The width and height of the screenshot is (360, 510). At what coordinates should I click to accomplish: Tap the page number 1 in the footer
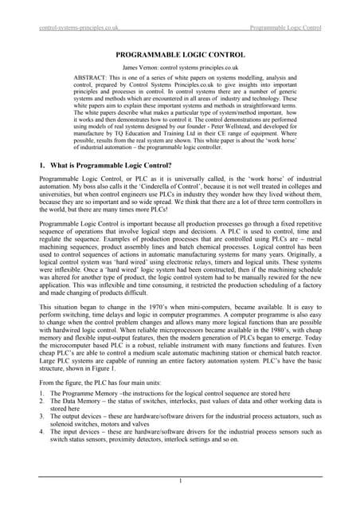click(x=180, y=481)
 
